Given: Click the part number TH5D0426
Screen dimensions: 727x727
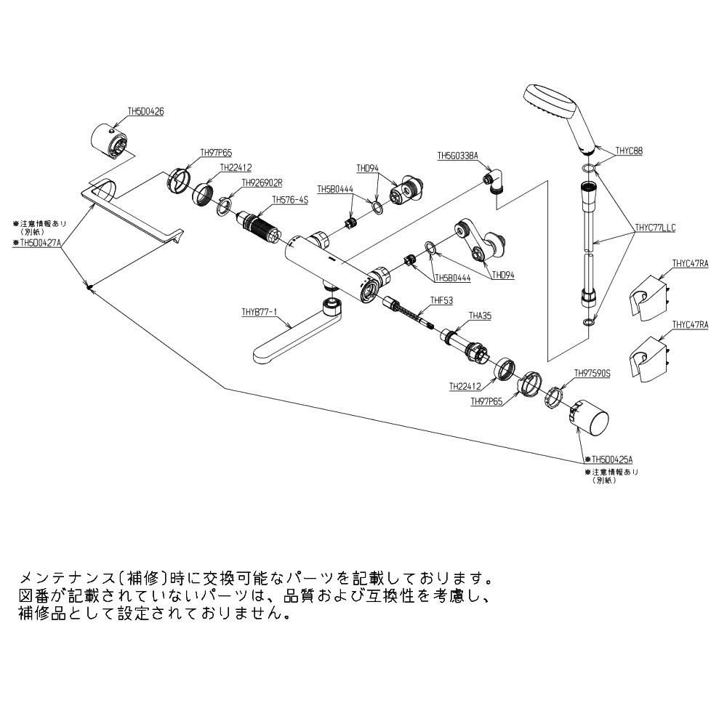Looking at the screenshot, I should point(145,112).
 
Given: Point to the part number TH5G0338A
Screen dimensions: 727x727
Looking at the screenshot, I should point(457,156).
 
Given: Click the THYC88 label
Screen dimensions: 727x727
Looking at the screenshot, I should point(629,151).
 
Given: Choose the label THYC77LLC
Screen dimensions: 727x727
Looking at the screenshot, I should point(655,228).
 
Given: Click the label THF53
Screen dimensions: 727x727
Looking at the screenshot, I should point(441,300).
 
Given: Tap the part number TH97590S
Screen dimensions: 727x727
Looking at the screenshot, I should point(592,374).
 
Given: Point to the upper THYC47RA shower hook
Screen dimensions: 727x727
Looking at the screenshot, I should point(647,295).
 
